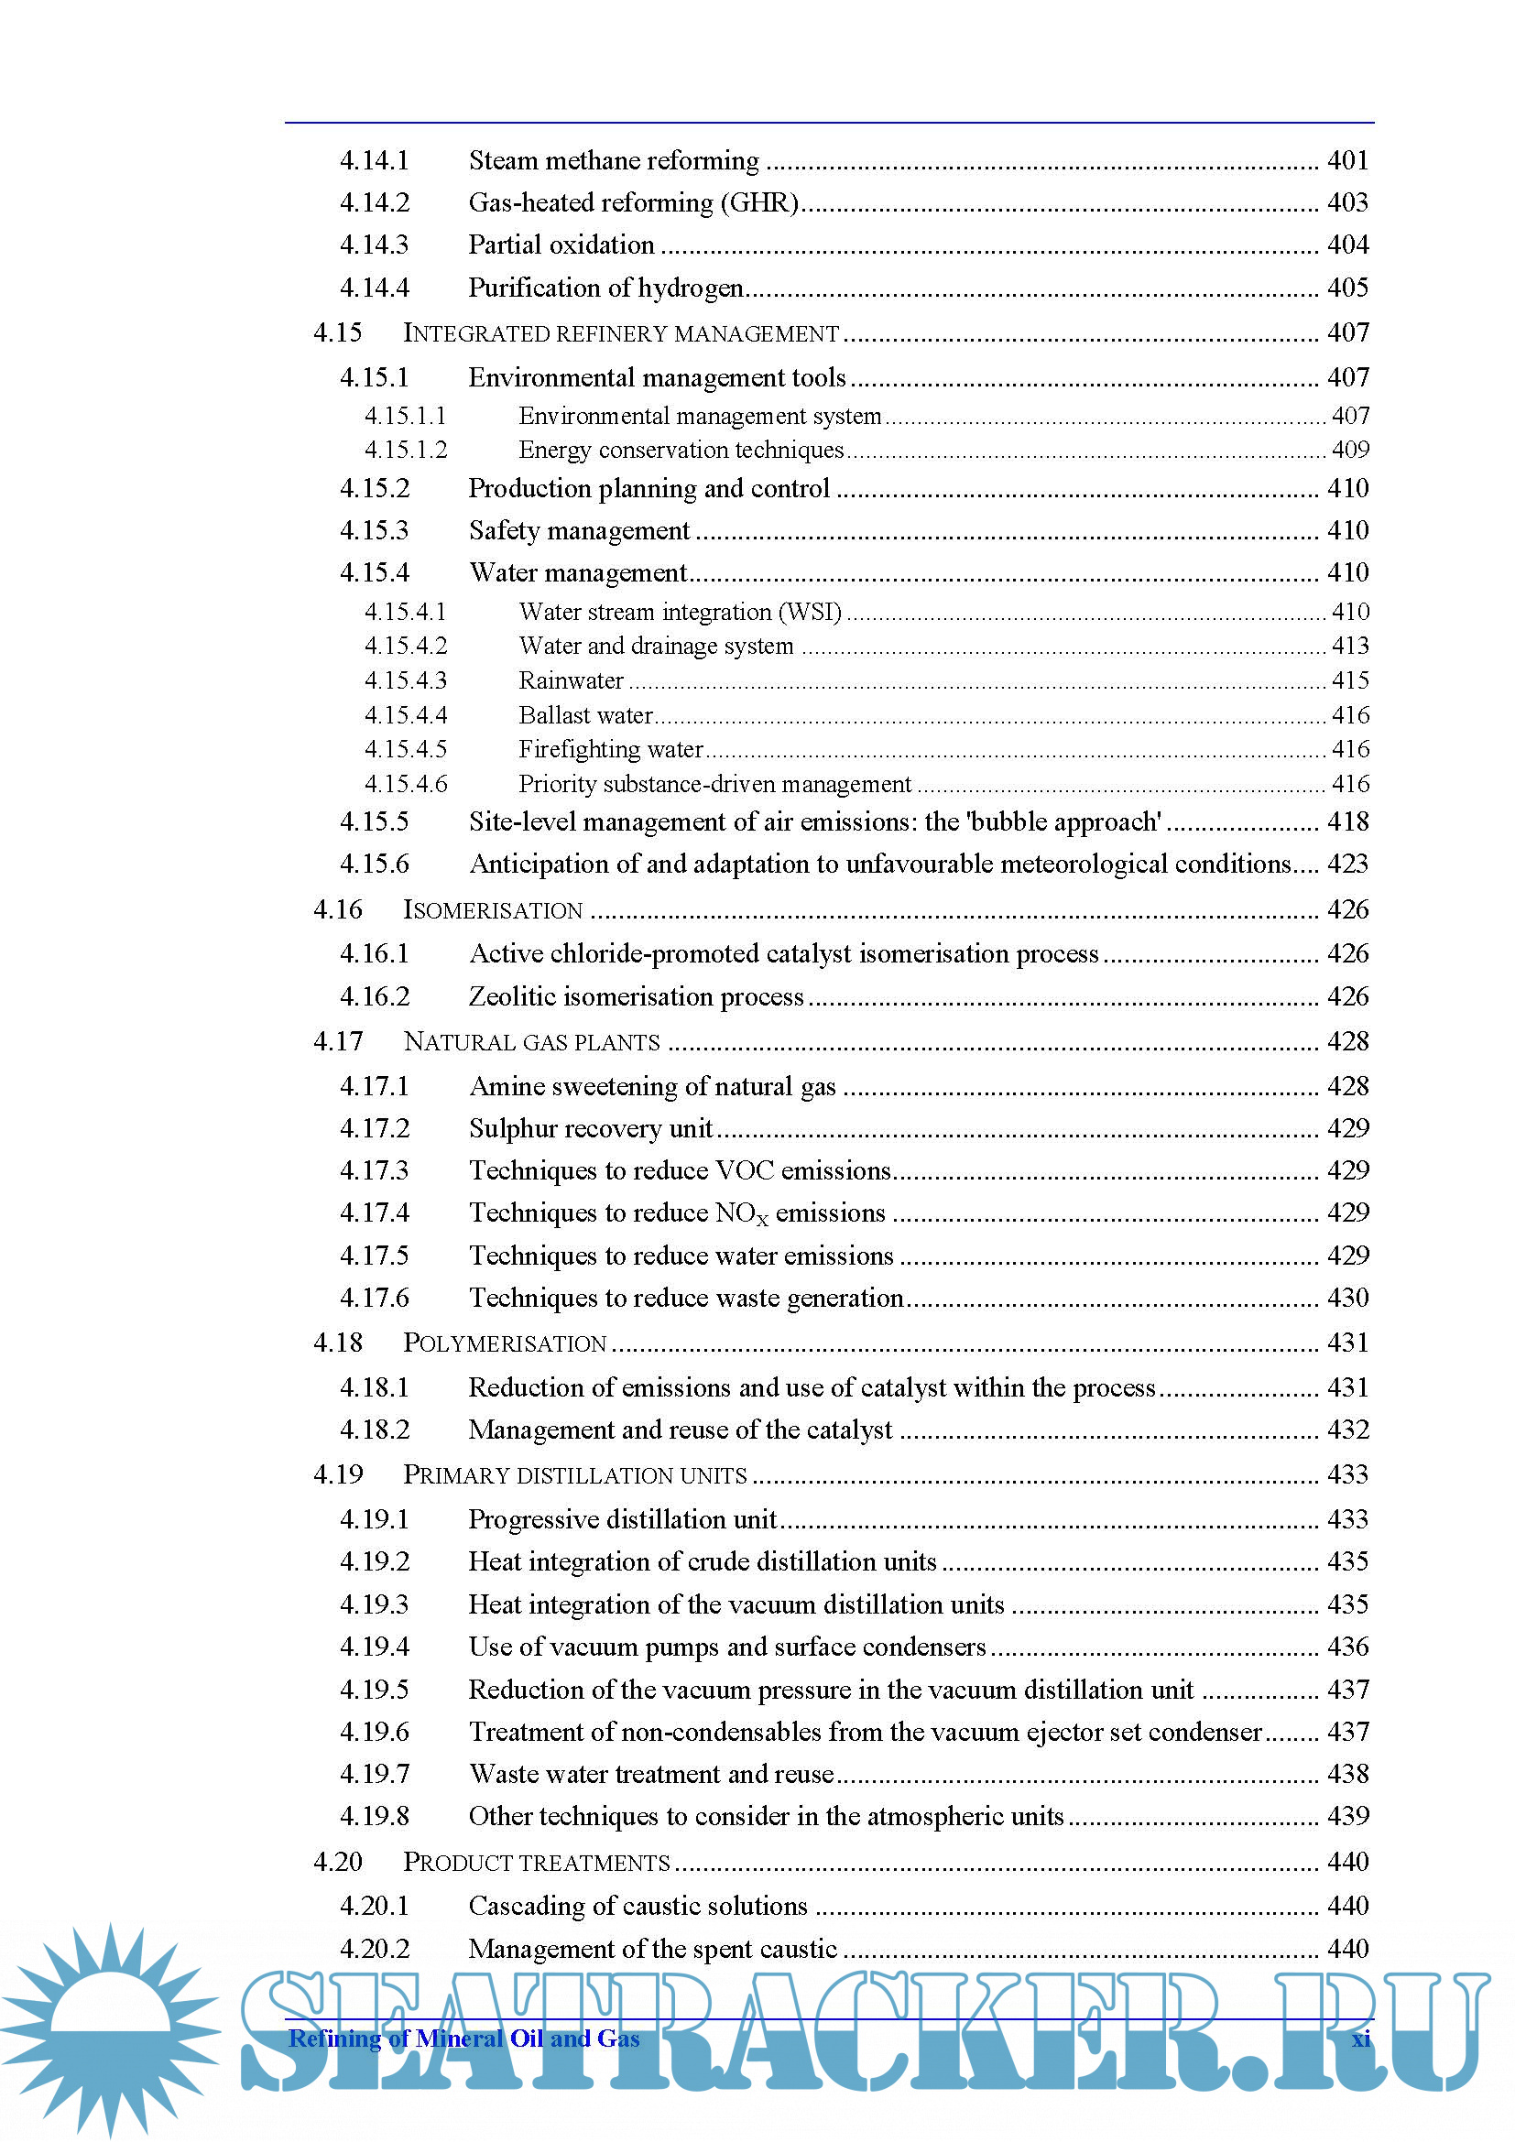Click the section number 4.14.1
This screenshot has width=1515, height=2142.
374,160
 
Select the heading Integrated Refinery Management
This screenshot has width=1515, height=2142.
620,333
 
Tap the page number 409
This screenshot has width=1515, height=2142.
1350,450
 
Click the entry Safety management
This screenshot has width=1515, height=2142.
578,531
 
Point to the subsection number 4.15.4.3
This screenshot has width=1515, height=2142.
406,680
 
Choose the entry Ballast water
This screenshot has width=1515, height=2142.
585,715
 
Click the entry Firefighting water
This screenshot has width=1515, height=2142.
610,749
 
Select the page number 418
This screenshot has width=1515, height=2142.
1348,821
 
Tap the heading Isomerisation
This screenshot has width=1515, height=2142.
493,909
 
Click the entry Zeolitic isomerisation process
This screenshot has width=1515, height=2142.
636,996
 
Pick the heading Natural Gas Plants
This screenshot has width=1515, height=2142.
531,1041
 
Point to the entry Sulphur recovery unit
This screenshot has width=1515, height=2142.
591,1129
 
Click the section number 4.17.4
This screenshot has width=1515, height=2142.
374,1212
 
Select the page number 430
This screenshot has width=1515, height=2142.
1348,1298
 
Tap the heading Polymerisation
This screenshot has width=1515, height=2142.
505,1343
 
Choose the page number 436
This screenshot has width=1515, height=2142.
1348,1647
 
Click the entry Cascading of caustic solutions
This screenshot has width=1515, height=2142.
638,1906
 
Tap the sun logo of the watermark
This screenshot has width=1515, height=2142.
110,2025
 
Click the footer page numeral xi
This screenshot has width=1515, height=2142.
1361,2039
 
